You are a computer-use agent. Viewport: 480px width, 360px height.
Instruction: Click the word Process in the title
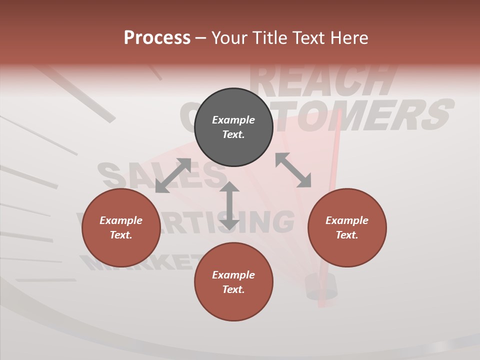tap(157, 38)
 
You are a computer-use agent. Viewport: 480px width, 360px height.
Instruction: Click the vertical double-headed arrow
tap(229, 206)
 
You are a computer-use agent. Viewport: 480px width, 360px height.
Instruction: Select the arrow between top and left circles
tap(173, 175)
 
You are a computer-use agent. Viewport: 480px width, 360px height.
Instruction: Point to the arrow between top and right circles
tap(293, 170)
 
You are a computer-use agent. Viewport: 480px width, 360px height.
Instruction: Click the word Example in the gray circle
tap(233, 120)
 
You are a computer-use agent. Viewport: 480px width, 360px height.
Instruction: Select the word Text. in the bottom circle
tap(233, 289)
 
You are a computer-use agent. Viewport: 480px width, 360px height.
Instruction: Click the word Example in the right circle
tap(347, 220)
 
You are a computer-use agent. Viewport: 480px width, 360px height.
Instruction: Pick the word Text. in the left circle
tap(121, 235)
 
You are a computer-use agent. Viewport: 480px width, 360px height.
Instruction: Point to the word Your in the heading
tap(229, 38)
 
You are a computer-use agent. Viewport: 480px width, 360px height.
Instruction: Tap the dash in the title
tap(200, 38)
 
